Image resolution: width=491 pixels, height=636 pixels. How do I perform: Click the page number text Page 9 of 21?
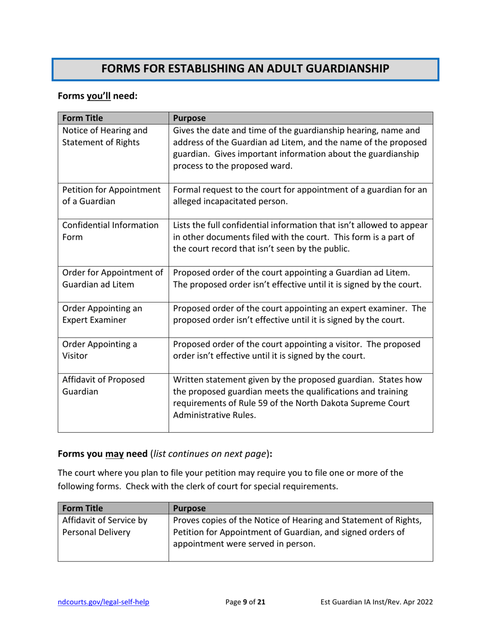[x=246, y=602]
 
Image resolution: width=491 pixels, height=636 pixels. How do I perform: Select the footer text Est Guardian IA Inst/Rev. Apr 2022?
[x=376, y=602]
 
